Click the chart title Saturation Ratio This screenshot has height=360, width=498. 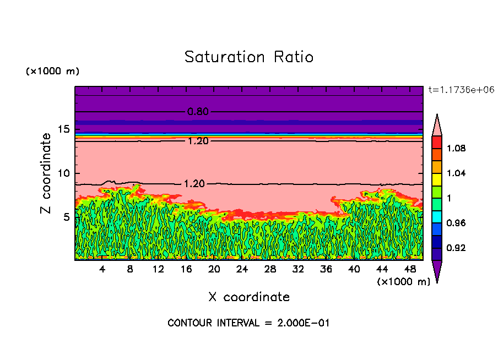point(249,57)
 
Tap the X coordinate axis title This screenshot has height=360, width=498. point(249,297)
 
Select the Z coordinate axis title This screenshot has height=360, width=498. point(46,173)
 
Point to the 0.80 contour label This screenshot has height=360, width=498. point(198,112)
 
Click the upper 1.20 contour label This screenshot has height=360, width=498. point(198,141)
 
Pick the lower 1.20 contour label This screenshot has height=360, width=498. point(194,183)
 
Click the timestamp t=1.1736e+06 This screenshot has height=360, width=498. point(457,90)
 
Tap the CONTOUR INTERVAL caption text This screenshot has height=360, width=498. point(248,323)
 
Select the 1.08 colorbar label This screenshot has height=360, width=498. point(457,149)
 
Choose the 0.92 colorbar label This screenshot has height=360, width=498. point(457,248)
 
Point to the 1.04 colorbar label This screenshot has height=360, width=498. point(457,173)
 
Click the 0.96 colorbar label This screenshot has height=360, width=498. point(457,223)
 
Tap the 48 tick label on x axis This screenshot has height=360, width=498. point(410,269)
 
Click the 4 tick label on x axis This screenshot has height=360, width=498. point(102,269)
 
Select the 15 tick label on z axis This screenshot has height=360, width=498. point(64,130)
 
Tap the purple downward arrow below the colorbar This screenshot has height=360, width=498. point(437,271)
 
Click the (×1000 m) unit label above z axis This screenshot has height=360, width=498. point(52,72)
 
